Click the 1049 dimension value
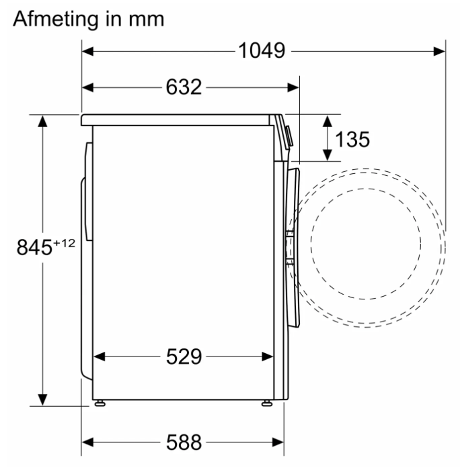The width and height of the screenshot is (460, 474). (x=262, y=50)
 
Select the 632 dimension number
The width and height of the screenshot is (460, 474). (x=184, y=87)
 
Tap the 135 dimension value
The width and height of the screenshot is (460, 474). (x=352, y=140)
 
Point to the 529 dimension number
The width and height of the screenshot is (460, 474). (x=184, y=357)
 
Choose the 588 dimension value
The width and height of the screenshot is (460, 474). (x=184, y=442)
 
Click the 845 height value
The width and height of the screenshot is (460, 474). (x=34, y=247)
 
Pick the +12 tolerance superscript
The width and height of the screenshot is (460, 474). (x=64, y=243)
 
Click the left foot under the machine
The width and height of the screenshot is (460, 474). (x=100, y=404)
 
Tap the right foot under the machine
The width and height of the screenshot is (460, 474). (x=267, y=404)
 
